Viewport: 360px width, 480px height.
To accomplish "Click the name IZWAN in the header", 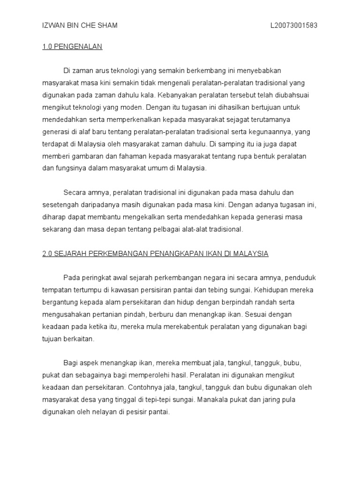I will tap(52, 25).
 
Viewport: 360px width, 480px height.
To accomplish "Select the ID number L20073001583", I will tap(294, 25).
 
